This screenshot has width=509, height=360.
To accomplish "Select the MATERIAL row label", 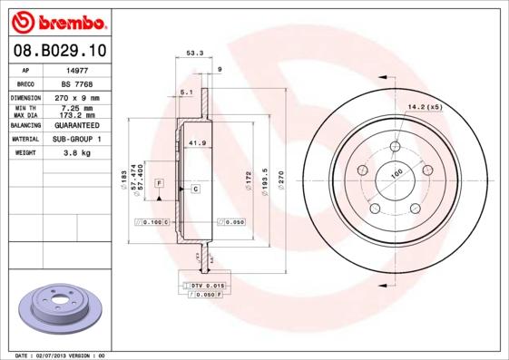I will tap(26, 140).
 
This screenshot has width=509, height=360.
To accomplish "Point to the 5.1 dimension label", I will tap(186, 93).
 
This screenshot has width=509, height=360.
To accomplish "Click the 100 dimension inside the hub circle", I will tap(396, 173).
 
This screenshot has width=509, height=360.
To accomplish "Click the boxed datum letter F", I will tap(159, 184).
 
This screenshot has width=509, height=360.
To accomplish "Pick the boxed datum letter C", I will tap(194, 189).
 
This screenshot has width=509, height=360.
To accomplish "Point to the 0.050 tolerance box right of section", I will tap(230, 221).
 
